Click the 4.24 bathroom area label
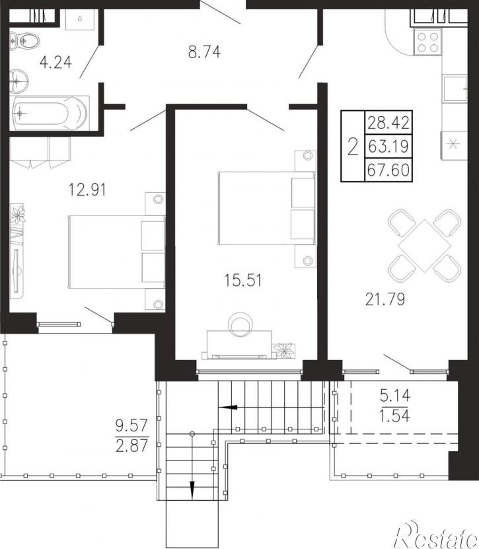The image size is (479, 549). (x=55, y=62)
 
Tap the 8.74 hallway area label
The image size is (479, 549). (x=205, y=52)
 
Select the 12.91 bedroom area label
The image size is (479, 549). (x=87, y=190)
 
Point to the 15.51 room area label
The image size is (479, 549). (x=243, y=281)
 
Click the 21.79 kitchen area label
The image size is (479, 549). (x=385, y=299)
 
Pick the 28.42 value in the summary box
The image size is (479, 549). (x=388, y=123)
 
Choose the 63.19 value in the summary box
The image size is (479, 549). (x=388, y=147)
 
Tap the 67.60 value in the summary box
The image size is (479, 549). (x=388, y=170)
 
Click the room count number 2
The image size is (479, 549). (x=353, y=147)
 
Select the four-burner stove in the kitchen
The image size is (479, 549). (x=427, y=42)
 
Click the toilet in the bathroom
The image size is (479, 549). (x=24, y=41)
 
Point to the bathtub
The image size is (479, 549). (x=49, y=113)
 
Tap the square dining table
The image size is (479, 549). (x=424, y=246)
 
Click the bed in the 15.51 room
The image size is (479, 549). (x=267, y=208)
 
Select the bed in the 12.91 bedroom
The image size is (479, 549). (x=116, y=252)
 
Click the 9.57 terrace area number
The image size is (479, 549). (x=132, y=427)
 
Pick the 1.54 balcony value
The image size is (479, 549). (x=394, y=416)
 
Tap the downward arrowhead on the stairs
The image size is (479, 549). (x=192, y=490)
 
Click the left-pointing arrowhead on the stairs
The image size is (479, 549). (x=227, y=407)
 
